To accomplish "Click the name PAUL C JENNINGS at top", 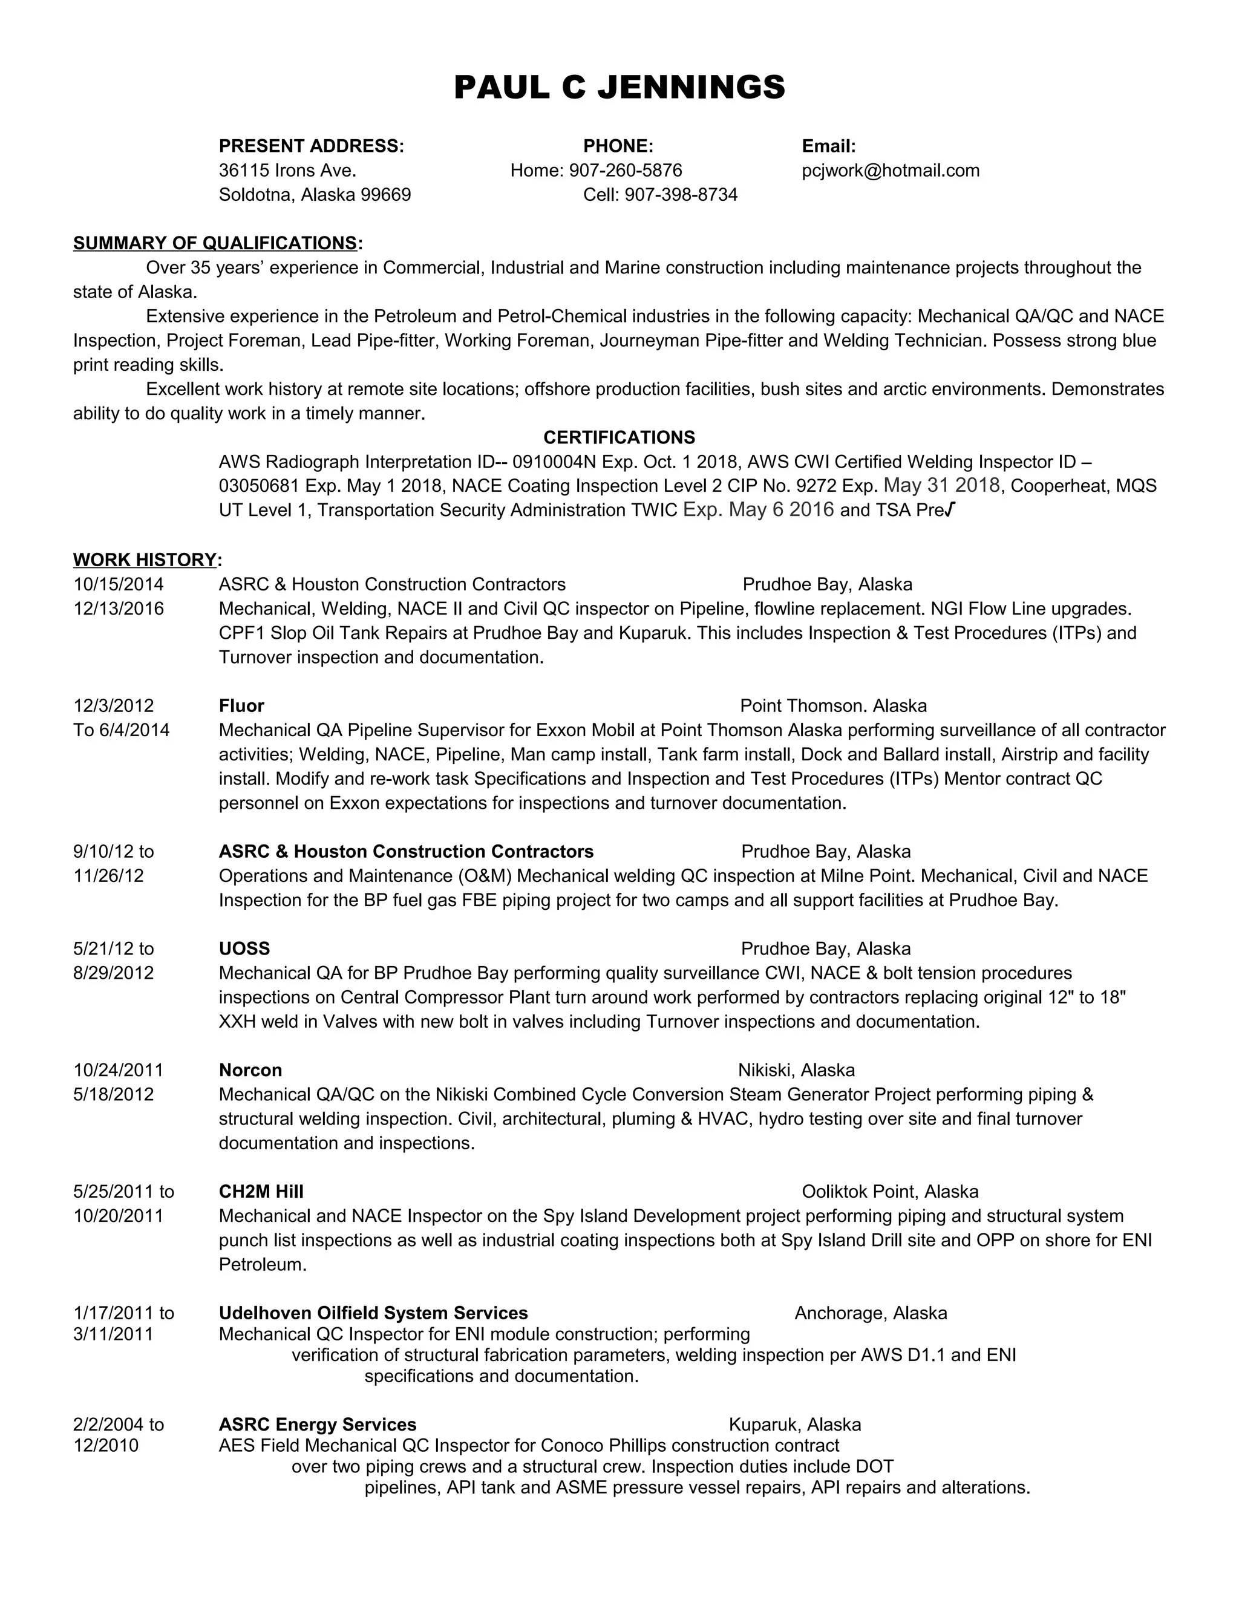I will pos(619,87).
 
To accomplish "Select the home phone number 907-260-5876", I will pos(626,171).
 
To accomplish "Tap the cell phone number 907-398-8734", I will pos(681,195).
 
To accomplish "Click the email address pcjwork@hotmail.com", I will pos(891,171).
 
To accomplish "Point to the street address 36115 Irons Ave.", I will pos(287,171).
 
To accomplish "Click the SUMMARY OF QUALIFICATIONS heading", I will pos(215,243).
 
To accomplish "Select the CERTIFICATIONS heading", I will pos(619,437).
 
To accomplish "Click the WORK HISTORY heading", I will pos(145,560).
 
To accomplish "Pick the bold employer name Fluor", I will pos(241,706).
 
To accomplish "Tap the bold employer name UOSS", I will pos(244,949).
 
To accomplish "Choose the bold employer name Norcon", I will pos(250,1070).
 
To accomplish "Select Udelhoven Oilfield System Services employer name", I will pos(373,1313).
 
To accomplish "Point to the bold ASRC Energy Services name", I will pos(317,1425).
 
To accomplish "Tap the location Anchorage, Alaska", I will pos(871,1313).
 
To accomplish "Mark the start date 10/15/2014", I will pos(118,584).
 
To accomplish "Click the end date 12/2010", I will pos(106,1445).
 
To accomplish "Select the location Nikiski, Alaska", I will pos(796,1070).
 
